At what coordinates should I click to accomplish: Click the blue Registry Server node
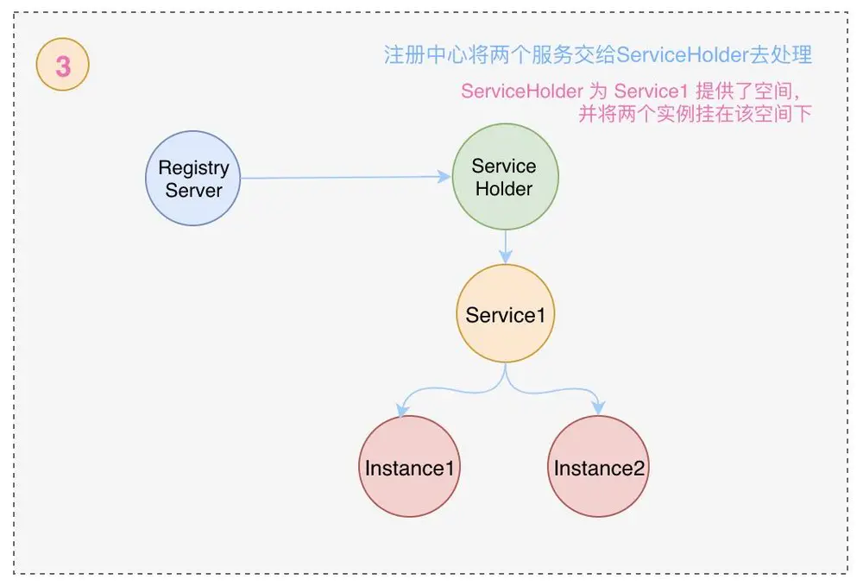pos(193,179)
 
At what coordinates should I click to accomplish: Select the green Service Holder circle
pos(505,177)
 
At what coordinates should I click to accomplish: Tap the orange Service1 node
pos(505,314)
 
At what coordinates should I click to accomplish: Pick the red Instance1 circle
pos(409,467)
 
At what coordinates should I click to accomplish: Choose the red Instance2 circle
pos(599,467)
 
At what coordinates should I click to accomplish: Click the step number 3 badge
pos(63,66)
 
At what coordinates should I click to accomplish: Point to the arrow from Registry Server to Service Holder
pos(345,178)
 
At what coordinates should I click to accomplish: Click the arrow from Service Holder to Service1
pos(506,246)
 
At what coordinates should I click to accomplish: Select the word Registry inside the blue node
pos(193,167)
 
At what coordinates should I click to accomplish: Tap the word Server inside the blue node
pos(193,191)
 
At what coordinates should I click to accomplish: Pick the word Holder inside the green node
pos(505,189)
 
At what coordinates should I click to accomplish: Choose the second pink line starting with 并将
pos(695,114)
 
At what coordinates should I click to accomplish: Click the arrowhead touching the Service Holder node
pos(444,177)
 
